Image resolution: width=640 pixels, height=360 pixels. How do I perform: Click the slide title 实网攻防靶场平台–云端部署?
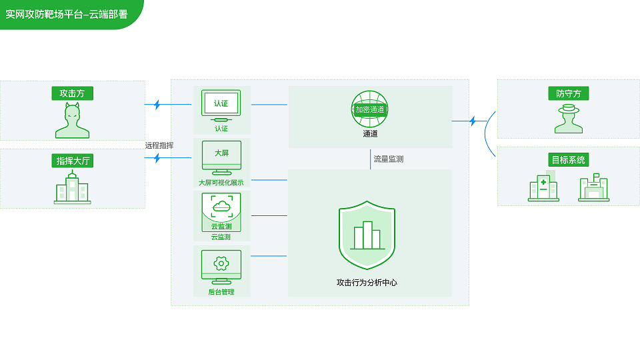click(66, 13)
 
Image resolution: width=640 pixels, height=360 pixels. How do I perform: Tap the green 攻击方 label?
click(72, 93)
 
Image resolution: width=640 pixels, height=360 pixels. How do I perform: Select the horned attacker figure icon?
click(72, 121)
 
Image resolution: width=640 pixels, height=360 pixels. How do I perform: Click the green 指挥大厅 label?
click(72, 160)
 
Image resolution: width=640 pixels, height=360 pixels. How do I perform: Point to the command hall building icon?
click(72, 187)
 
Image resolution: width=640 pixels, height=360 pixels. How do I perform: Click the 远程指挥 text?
click(159, 145)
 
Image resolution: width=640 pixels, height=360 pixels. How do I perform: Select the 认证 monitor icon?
click(221, 105)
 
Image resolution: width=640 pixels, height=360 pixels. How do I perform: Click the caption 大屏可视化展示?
click(221, 183)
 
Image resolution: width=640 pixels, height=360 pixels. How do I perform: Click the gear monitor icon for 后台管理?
click(221, 266)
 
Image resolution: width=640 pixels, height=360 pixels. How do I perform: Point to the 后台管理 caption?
click(221, 292)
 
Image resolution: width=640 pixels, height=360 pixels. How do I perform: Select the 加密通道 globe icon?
click(370, 109)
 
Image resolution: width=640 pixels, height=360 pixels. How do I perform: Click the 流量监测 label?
click(388, 159)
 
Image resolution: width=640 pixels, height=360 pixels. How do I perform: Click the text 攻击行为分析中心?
click(367, 283)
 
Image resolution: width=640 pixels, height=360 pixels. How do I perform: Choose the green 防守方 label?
click(569, 93)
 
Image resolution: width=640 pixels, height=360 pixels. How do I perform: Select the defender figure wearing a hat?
click(569, 119)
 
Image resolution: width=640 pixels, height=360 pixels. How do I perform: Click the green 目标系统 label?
click(569, 160)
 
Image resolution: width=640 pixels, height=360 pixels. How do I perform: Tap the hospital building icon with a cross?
click(543, 189)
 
